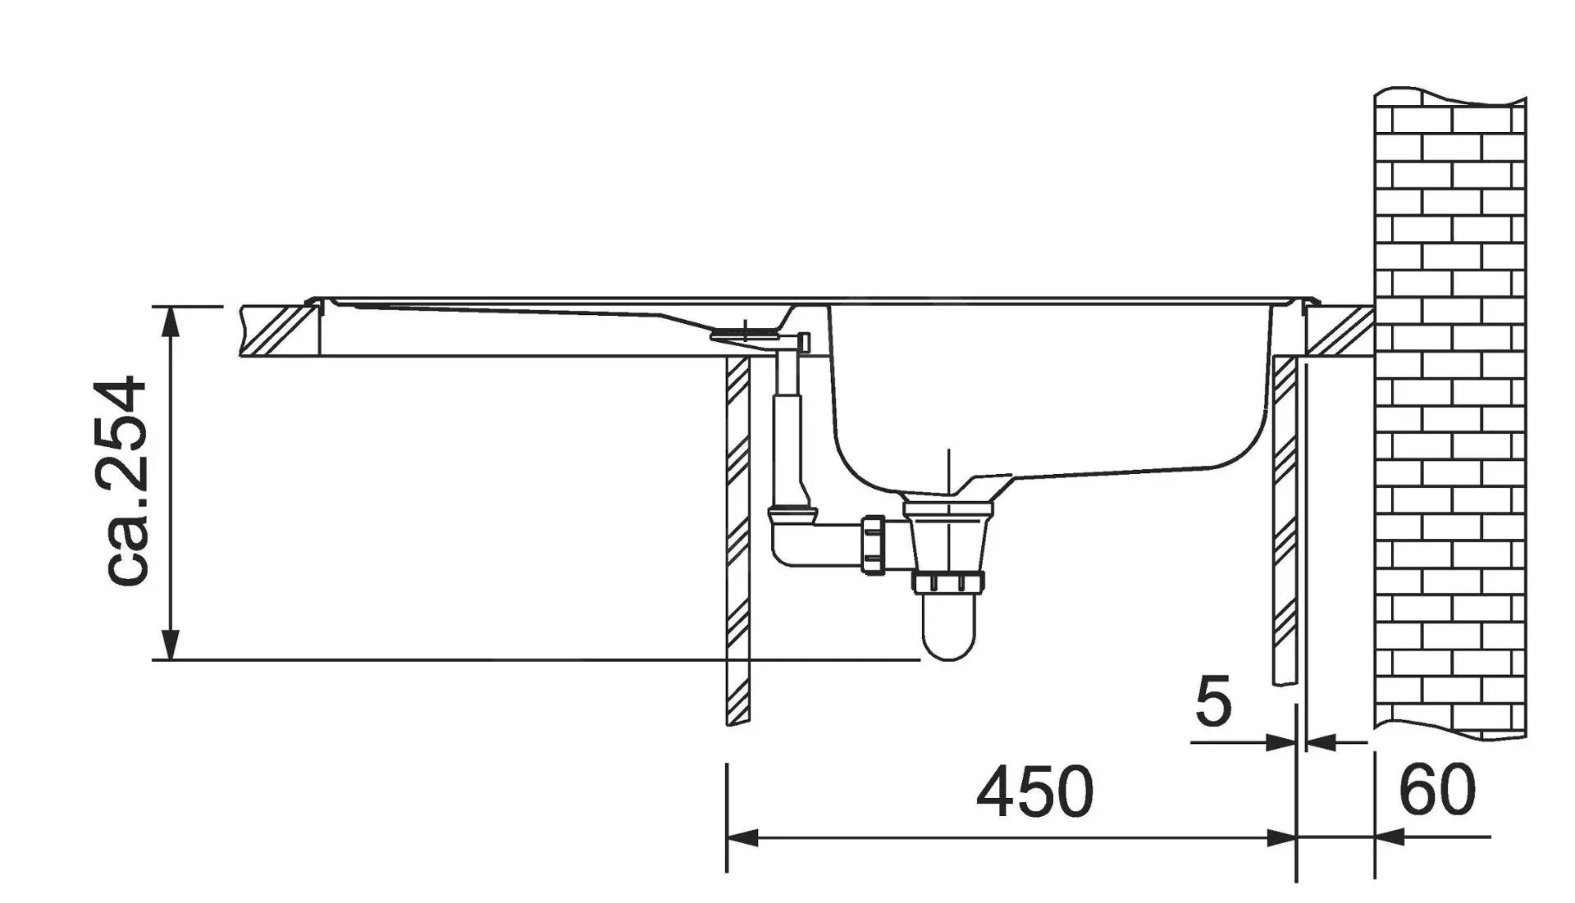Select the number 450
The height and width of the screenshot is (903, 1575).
(1034, 792)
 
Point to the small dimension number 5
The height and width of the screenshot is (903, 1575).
(1212, 703)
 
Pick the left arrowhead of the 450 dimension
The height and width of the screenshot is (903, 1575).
(742, 838)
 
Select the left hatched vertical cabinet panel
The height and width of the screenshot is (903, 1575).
(737, 541)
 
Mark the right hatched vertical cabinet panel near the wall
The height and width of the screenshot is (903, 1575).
(1284, 517)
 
